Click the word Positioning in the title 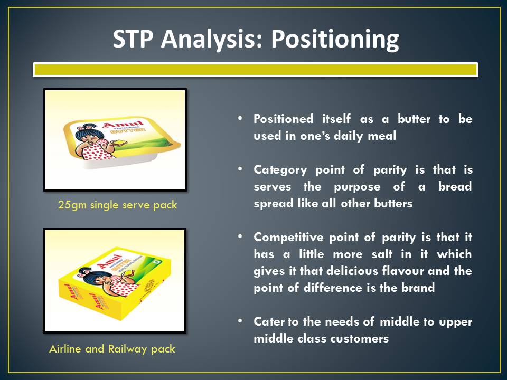point(335,40)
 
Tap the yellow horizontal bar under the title point(256,70)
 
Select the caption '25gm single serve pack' point(118,205)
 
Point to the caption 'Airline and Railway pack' point(112,349)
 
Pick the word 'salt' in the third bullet point(382,254)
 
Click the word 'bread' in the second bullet point(455,186)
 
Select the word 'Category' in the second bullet point(280,170)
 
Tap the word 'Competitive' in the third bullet point(288,237)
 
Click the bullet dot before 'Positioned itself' point(240,118)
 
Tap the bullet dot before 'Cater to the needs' point(240,321)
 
